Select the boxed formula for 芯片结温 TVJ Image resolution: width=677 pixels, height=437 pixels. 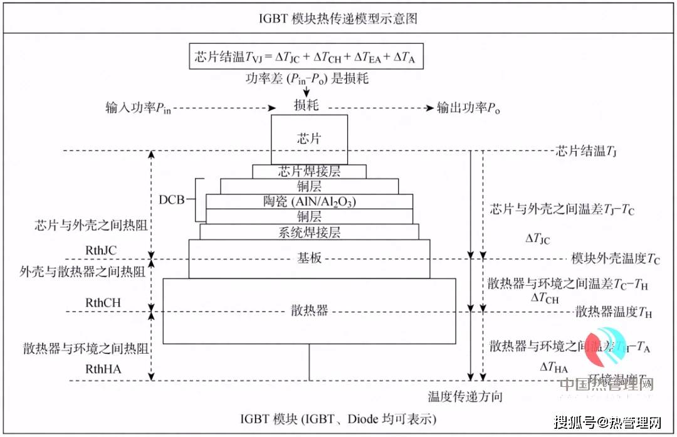pyautogui.click(x=306, y=57)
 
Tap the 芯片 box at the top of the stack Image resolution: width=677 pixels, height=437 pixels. pyautogui.click(x=308, y=139)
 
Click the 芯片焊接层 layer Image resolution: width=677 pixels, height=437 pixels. pyautogui.click(x=309, y=171)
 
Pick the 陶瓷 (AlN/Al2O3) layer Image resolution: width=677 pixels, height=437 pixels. pyautogui.click(x=309, y=201)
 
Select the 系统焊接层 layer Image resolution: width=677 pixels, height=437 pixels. pyautogui.click(x=309, y=232)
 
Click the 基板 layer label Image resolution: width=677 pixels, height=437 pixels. pyautogui.click(x=309, y=258)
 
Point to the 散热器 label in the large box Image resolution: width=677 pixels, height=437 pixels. pyautogui.click(x=309, y=310)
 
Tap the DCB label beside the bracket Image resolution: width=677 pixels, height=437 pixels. pyautogui.click(x=172, y=200)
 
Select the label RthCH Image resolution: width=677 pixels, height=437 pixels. pyautogui.click(x=103, y=303)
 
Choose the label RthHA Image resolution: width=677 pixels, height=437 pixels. pyautogui.click(x=103, y=369)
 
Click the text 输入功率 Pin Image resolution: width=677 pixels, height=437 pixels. pyautogui.click(x=138, y=107)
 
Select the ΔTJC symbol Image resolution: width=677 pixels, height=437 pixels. pyautogui.click(x=538, y=240)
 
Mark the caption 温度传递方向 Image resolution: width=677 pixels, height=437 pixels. pyautogui.click(x=465, y=396)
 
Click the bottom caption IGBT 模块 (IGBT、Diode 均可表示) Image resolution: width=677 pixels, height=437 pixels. pyautogui.click(x=338, y=418)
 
